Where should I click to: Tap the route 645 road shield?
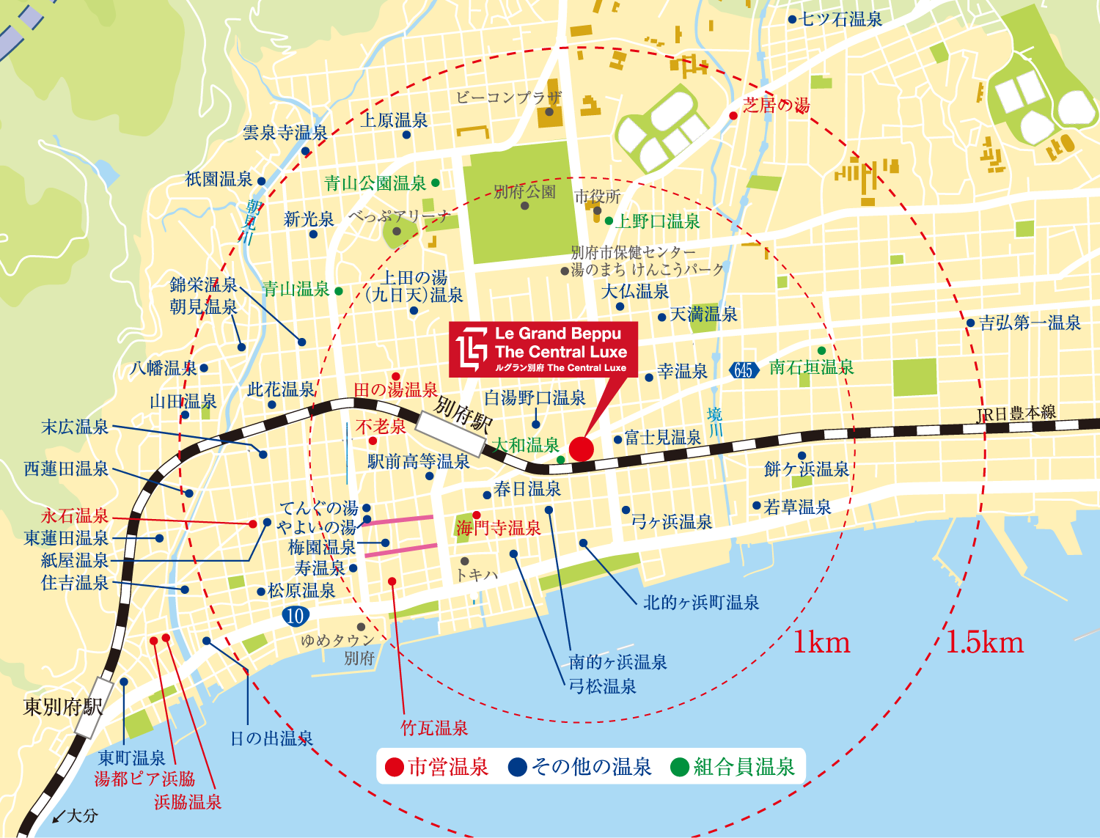pyautogui.click(x=744, y=370)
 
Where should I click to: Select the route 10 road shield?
pyautogui.click(x=295, y=615)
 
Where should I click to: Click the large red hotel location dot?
pyautogui.click(x=581, y=449)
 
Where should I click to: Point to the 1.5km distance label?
pyautogui.click(x=984, y=642)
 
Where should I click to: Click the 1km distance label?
pyautogui.click(x=821, y=643)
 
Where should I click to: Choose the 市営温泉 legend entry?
pyautogui.click(x=438, y=767)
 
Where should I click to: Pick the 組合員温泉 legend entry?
pyautogui.click(x=733, y=767)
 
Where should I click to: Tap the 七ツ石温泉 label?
pyautogui.click(x=841, y=19)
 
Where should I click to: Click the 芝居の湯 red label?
pyautogui.click(x=776, y=106)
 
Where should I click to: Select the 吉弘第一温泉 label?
pyautogui.click(x=1030, y=323)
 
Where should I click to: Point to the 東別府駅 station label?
pyautogui.click(x=63, y=707)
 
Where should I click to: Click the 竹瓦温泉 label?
pyautogui.click(x=434, y=728)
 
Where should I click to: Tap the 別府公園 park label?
pyautogui.click(x=524, y=192)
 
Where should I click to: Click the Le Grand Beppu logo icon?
pyautogui.click(x=472, y=350)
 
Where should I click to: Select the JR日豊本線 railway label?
pyautogui.click(x=1016, y=414)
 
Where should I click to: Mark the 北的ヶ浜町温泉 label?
pyautogui.click(x=701, y=603)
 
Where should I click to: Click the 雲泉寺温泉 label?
pyautogui.click(x=285, y=133)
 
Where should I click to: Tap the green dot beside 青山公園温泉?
pyautogui.click(x=436, y=183)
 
